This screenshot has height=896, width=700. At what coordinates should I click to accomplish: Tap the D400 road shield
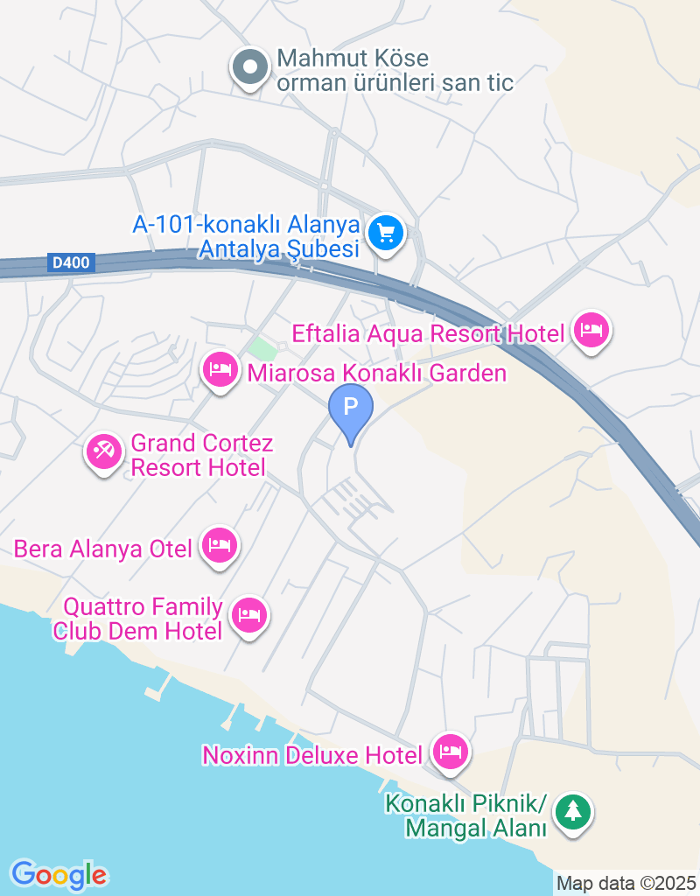coord(71,262)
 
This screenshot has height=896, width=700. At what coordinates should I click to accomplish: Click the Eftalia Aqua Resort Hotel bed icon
coord(592,331)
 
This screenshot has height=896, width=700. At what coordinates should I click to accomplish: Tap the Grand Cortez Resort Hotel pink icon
coord(104,452)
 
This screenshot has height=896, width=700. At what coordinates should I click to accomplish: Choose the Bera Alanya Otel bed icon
coord(219,546)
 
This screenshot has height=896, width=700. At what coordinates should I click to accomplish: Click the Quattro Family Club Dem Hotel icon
coord(250,616)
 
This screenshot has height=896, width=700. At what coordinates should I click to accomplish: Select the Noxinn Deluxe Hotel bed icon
coord(451,752)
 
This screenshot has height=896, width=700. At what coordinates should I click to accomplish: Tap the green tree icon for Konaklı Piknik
coord(573,811)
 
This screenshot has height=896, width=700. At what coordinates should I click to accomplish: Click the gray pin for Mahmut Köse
coord(250,66)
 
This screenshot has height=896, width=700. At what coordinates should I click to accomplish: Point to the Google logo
coord(59,874)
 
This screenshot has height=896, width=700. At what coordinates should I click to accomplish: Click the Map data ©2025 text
coord(626,883)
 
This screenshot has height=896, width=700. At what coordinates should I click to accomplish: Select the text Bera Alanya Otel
coord(102,549)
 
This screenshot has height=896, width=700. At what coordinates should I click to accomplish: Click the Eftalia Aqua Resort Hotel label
coord(428,333)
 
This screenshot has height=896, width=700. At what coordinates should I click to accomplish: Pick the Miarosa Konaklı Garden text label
coord(377,374)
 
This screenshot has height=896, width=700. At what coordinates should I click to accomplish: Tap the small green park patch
coord(262,347)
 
